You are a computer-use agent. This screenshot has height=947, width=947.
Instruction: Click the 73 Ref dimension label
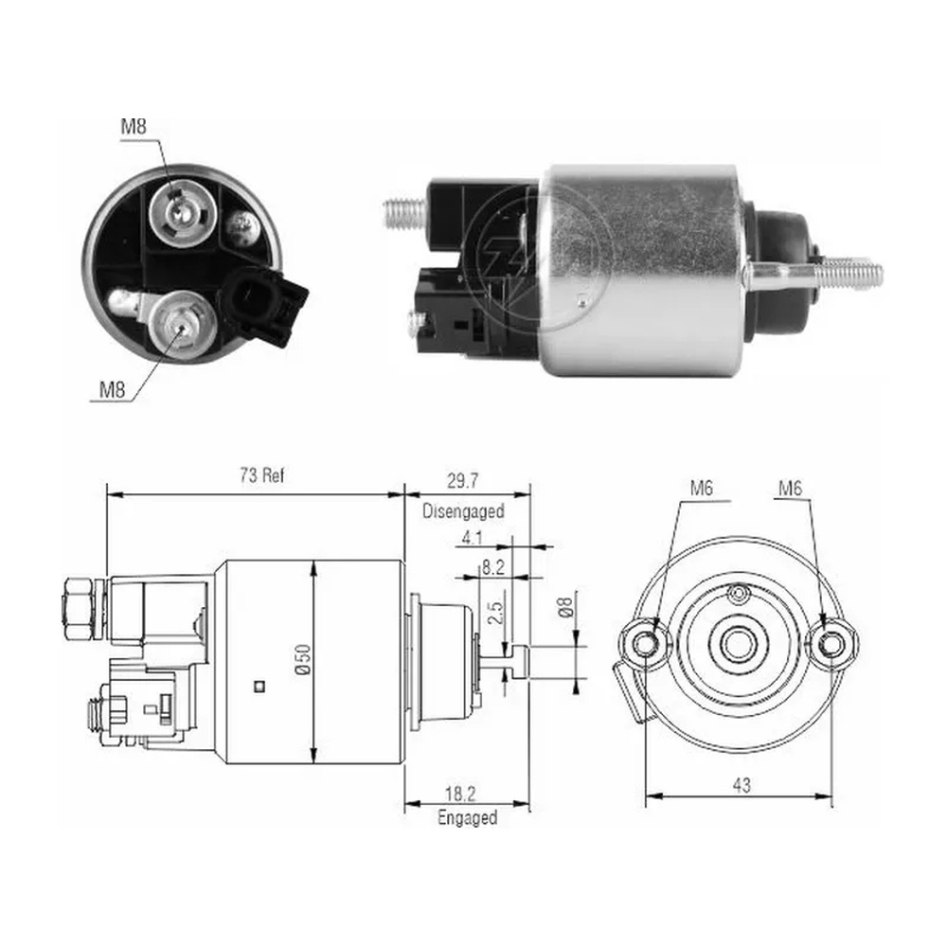[261, 475]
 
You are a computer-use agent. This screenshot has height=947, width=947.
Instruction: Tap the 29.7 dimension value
[462, 481]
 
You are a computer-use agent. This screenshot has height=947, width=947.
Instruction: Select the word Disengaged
[463, 511]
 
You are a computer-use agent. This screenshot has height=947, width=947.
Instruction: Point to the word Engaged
[467, 818]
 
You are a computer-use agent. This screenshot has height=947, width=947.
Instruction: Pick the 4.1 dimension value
[472, 537]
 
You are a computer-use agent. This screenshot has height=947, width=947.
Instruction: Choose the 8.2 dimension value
[492, 566]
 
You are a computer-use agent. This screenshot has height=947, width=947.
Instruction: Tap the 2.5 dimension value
[495, 613]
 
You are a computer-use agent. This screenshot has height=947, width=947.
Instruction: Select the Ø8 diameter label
[564, 607]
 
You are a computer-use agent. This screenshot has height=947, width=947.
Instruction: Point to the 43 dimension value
[742, 785]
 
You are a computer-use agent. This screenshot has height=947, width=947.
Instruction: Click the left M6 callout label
[701, 488]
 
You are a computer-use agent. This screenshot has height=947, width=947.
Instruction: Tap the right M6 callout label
[790, 488]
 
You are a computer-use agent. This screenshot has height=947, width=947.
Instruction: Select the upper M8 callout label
[133, 126]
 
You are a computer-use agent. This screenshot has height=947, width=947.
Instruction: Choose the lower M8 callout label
[112, 389]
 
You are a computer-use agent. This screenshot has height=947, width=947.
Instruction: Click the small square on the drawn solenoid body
[260, 686]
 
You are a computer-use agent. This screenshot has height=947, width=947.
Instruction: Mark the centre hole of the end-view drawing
[736, 644]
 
